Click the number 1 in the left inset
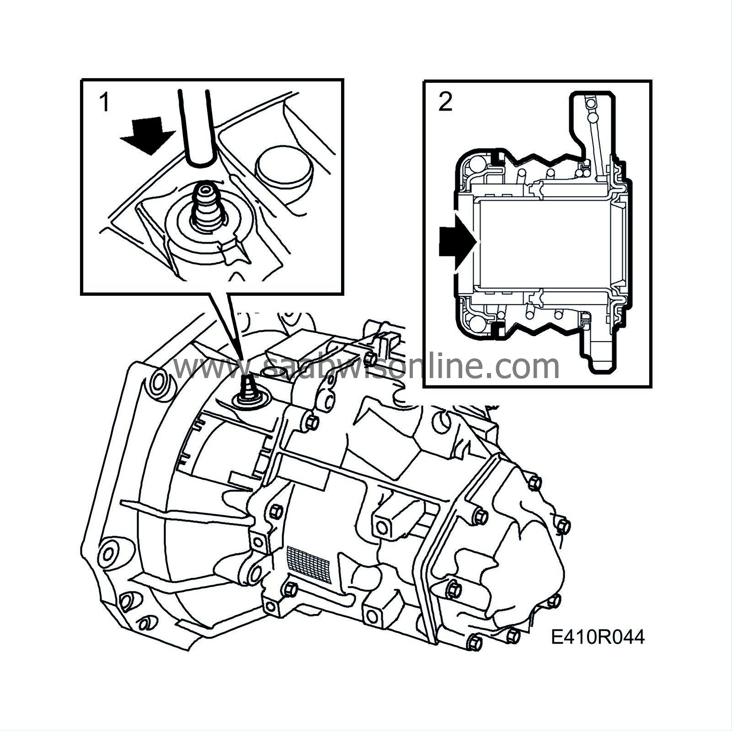104,102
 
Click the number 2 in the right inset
445,102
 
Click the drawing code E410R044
598,637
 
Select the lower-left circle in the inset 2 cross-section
476,324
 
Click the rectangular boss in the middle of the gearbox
390,519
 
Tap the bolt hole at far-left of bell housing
108,553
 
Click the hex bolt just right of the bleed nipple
312,422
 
